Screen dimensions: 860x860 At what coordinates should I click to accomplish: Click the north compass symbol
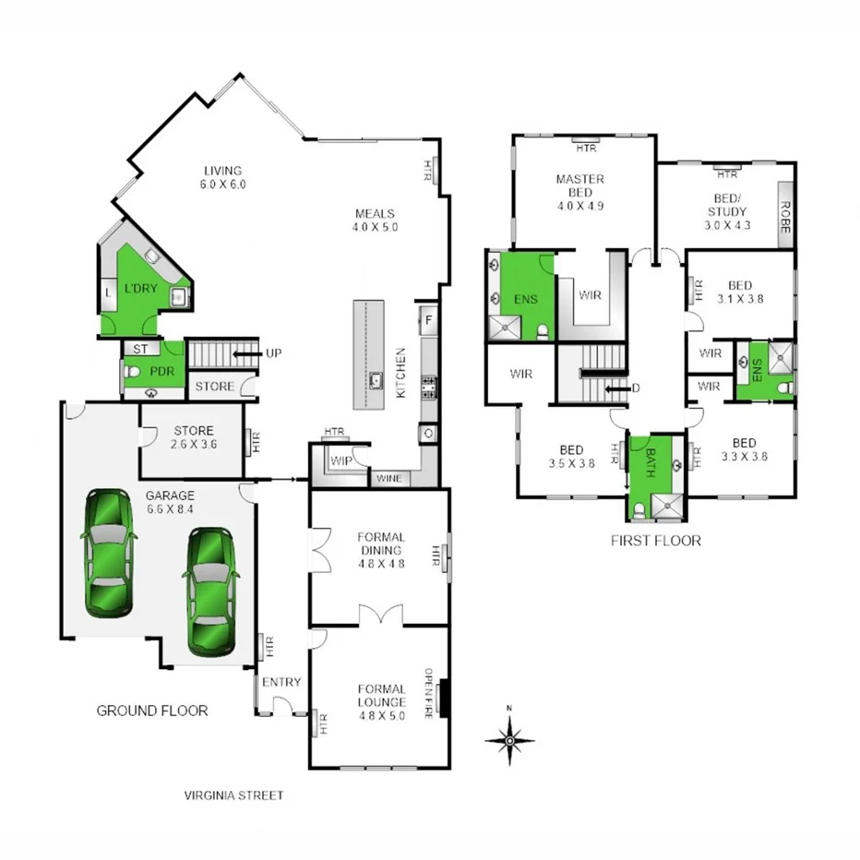click(509, 738)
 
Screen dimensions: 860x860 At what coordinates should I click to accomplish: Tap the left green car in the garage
click(110, 553)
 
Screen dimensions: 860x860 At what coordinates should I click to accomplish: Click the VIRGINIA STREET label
click(233, 795)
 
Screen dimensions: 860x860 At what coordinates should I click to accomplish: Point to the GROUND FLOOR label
click(152, 711)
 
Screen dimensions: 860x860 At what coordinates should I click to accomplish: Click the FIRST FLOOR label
click(655, 541)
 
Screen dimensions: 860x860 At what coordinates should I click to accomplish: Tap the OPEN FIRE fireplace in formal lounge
click(445, 697)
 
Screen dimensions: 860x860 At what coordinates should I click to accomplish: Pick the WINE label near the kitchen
click(388, 479)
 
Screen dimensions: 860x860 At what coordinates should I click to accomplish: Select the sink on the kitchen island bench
click(376, 379)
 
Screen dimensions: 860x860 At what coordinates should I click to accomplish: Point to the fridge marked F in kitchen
click(427, 320)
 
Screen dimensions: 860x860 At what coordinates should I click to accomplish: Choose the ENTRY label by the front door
click(281, 682)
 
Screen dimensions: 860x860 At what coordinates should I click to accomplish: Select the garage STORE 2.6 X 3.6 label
click(193, 437)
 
